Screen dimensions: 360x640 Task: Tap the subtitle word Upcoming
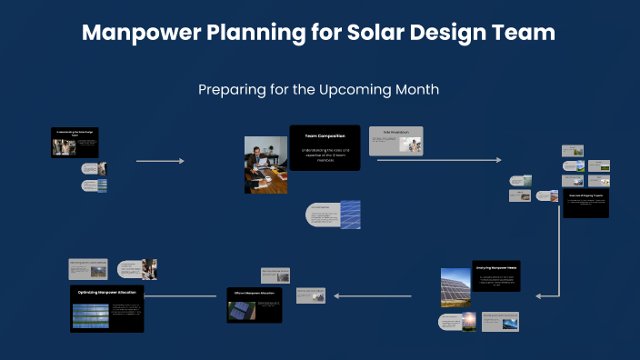pyautogui.click(x=367, y=90)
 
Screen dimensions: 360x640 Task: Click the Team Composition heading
pyautogui.click(x=325, y=136)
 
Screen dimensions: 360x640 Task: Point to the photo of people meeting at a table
pyautogui.click(x=265, y=165)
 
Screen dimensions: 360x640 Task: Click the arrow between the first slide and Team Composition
pyautogui.click(x=160, y=161)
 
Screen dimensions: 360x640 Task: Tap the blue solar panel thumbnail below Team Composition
pyautogui.click(x=350, y=215)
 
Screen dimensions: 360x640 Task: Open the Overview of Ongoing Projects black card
pyautogui.click(x=585, y=203)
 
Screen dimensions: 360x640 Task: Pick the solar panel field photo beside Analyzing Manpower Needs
pyautogui.click(x=455, y=287)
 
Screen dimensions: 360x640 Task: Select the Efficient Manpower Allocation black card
pyautogui.click(x=254, y=305)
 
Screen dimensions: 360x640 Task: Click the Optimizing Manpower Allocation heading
pyautogui.click(x=106, y=293)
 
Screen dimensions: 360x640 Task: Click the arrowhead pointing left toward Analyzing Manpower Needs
pyautogui.click(x=539, y=295)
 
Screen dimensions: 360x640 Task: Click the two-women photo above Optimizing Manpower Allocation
pyautogui.click(x=148, y=268)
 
